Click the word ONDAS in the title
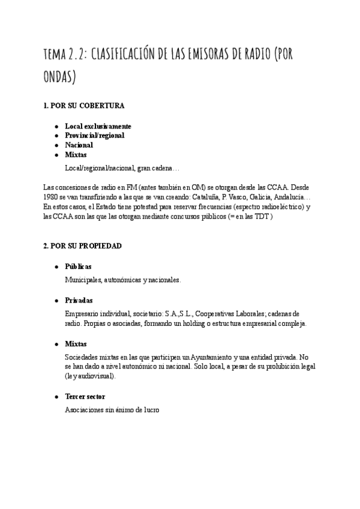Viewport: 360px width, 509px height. pos(60,79)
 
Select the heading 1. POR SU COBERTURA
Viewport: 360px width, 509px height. pos(84,106)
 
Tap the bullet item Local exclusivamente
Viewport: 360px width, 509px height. pos(98,127)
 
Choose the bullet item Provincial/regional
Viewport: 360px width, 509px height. pos(94,136)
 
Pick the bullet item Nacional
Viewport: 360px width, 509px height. pos(79,145)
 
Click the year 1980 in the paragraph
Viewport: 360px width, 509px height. pos(52,197)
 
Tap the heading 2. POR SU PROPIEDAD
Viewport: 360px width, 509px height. pos(83,246)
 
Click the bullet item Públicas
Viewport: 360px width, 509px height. pos(78,267)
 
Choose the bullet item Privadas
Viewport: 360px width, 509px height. pos(79,300)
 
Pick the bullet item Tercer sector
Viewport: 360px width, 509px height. pos(86,397)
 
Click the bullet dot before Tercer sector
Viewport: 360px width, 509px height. pos(56,397)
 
